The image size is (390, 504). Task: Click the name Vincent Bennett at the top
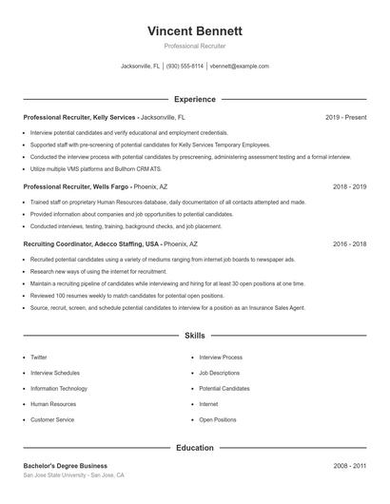195,30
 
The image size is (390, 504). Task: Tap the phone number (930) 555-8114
185,67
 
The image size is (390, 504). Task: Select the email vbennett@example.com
240,67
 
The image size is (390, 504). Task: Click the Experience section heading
195,99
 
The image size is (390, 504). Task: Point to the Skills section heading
195,336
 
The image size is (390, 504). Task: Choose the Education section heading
195,447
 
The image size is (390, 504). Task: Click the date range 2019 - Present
345,117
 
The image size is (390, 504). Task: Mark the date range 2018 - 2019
349,187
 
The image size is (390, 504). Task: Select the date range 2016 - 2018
349,244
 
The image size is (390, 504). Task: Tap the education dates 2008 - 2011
349,466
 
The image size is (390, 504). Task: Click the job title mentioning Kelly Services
81,117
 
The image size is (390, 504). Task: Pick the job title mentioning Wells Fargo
76,187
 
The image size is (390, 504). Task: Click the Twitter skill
38,358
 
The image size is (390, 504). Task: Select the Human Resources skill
52,404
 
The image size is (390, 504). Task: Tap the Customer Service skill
52,419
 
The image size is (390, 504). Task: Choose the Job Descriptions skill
219,373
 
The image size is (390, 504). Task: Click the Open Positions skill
217,419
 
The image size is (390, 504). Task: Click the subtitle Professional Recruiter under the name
195,46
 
